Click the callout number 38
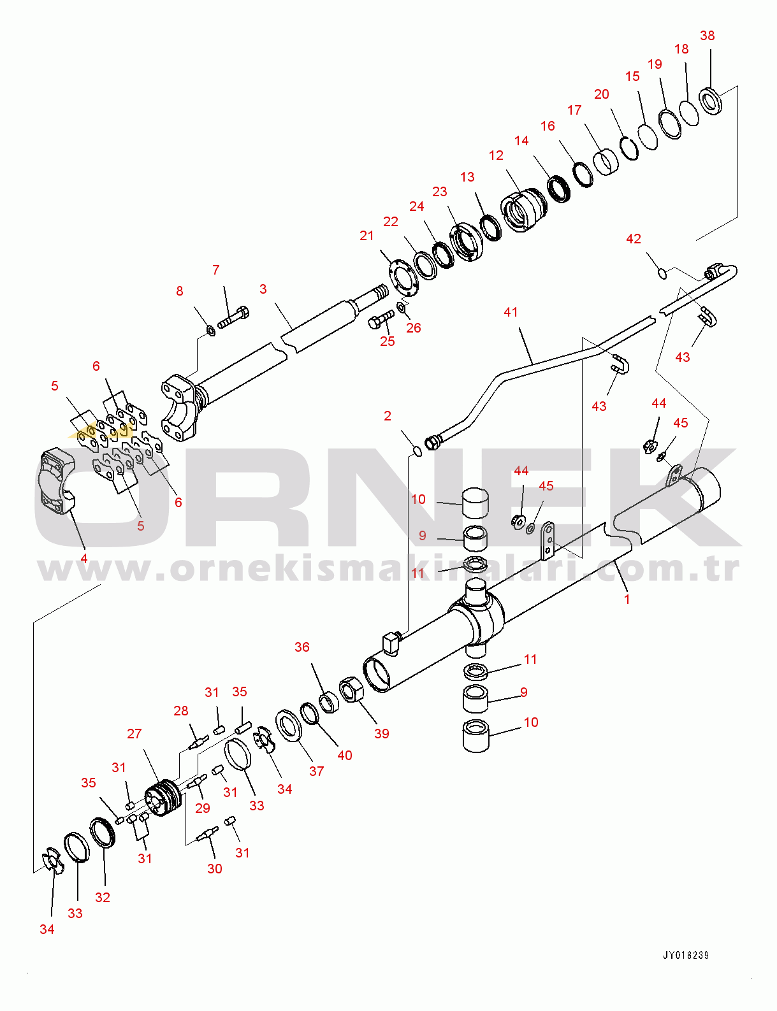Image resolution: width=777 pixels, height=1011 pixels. coord(707,36)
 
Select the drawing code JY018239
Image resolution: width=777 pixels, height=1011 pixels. coord(686,955)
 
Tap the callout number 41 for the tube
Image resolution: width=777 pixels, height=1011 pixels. coord(511,312)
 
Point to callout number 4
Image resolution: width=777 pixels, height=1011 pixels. coord(84,559)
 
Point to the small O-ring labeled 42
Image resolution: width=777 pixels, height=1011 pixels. coord(662,273)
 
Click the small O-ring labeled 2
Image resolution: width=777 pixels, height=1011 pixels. coord(418,451)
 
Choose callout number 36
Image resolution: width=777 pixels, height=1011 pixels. coord(302,647)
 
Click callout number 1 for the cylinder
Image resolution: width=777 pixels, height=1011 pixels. coord(627,599)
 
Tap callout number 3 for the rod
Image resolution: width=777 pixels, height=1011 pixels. coord(263,289)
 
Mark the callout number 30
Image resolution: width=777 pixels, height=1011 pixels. coord(215,868)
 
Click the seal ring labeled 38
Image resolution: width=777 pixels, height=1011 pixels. coord(711,100)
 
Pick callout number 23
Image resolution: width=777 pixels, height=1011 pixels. coord(440,192)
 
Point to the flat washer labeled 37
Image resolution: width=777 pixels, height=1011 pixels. coord(290,726)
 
